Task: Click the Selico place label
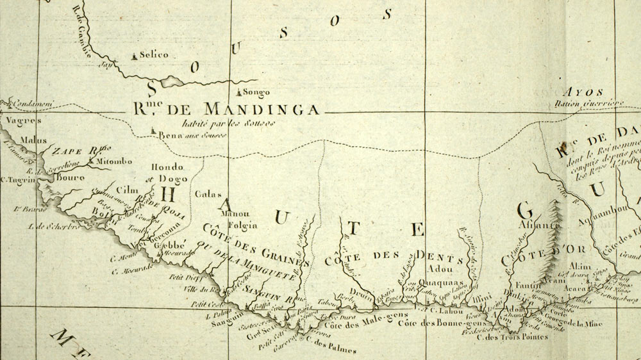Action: coord(154,55)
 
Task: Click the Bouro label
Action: coord(71,177)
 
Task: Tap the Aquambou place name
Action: coord(590,221)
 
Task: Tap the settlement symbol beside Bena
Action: coord(153,132)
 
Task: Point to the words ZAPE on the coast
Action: coord(67,152)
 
